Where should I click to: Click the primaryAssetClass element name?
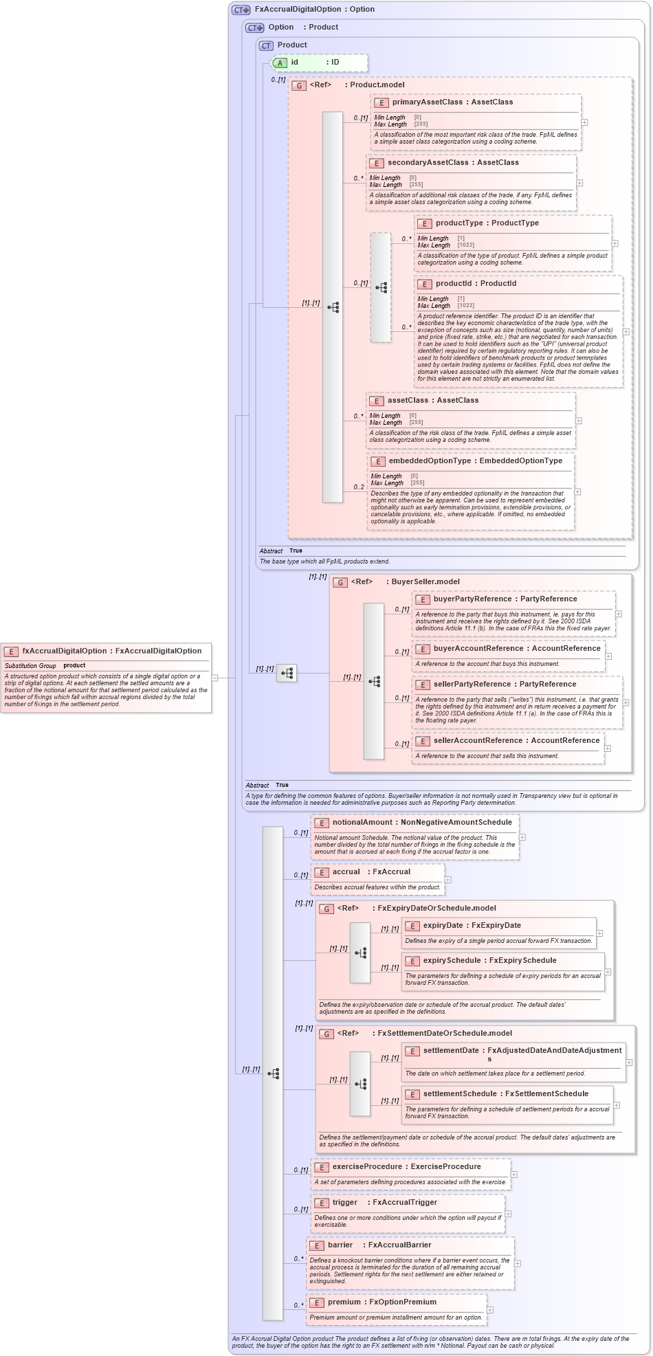pyautogui.click(x=427, y=102)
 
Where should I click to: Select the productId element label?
pyautogui.click(x=454, y=283)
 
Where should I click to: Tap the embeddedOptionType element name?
pyautogui.click(x=430, y=460)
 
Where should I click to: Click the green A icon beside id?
pyautogui.click(x=280, y=63)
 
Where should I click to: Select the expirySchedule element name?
pyautogui.click(x=452, y=960)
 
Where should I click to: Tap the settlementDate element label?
pyautogui.click(x=451, y=1050)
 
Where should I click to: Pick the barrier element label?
pyautogui.click(x=340, y=1245)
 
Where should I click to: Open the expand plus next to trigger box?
pyautogui.click(x=508, y=1213)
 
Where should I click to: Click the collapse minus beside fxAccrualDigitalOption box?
pyautogui.click(x=214, y=678)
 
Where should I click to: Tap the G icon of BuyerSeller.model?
pyautogui.click(x=340, y=582)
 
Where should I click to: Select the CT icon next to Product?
pyautogui.click(x=266, y=45)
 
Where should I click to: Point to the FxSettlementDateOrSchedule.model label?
pyautogui.click(x=445, y=1033)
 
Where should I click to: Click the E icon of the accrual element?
pyautogui.click(x=321, y=872)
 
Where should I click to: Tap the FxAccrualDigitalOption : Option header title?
pyautogui.click(x=314, y=9)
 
